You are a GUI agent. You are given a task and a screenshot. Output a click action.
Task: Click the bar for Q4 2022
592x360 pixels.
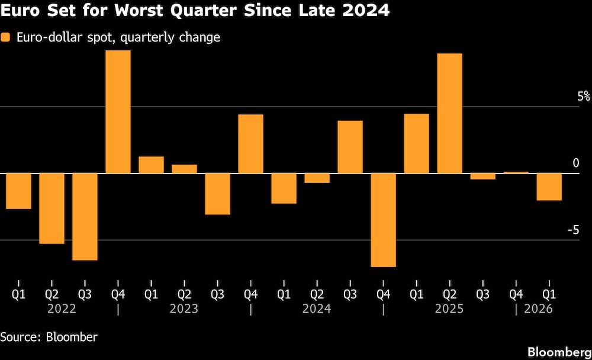(118, 112)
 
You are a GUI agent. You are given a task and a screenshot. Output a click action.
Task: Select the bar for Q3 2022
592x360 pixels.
(85, 217)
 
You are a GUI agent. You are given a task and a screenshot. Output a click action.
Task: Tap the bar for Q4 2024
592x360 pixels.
(383, 220)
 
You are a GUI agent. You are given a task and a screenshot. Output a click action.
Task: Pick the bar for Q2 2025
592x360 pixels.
(449, 114)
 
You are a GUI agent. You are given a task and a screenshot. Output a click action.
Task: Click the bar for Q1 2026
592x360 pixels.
(549, 187)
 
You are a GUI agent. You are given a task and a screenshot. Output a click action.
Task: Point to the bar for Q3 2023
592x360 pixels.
(217, 194)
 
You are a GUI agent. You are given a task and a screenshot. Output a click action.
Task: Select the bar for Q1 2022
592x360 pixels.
(18, 191)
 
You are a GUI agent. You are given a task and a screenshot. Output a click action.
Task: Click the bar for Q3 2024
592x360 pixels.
(350, 147)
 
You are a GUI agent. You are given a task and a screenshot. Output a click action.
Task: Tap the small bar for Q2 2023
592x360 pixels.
(184, 169)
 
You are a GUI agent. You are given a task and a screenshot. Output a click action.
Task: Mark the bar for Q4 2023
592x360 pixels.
(250, 144)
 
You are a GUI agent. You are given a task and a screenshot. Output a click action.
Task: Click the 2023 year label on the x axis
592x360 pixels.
(184, 309)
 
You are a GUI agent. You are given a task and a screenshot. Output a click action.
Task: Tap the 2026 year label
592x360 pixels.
(538, 309)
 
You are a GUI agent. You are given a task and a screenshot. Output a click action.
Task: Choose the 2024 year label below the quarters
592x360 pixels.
(316, 309)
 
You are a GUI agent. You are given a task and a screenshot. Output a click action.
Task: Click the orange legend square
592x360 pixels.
(6, 38)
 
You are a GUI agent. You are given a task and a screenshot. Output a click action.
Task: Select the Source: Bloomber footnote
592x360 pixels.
(49, 337)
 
